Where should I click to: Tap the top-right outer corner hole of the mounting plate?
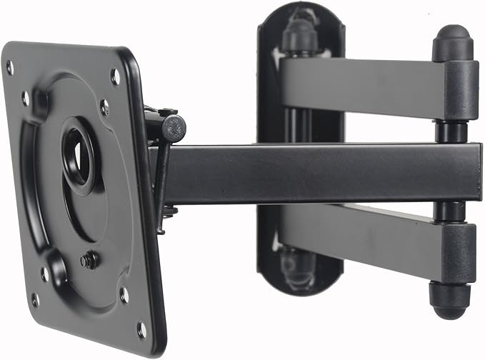tap(115, 76)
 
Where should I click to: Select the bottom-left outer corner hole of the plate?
tap(34, 299)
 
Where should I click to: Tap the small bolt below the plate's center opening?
tap(89, 260)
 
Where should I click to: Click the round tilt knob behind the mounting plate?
tap(174, 128)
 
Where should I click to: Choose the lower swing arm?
tap(357, 236)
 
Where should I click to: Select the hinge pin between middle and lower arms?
tap(450, 212)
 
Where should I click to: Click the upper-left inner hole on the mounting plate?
tap(26, 99)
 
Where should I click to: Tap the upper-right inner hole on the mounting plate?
tap(104, 107)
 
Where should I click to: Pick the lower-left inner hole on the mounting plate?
tap(44, 274)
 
